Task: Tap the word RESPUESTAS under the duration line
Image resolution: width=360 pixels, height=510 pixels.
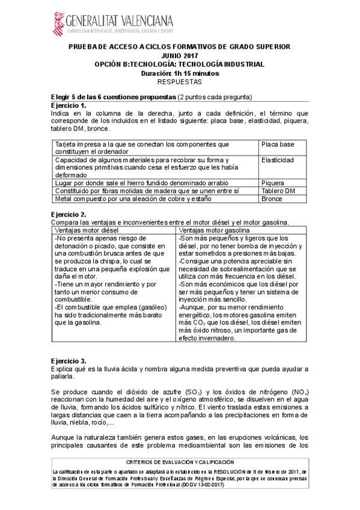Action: (x=179, y=81)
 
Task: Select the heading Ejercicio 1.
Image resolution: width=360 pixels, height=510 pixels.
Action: (x=69, y=105)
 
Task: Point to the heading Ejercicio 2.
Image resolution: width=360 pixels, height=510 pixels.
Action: (x=69, y=215)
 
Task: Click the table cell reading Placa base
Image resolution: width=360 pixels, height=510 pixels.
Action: (x=278, y=144)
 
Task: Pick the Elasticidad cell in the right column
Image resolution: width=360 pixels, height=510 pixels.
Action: (x=278, y=161)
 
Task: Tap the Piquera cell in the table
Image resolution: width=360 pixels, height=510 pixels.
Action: (x=273, y=182)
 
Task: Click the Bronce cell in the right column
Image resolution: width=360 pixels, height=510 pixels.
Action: (x=272, y=198)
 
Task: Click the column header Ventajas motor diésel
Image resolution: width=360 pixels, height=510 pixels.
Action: (x=87, y=230)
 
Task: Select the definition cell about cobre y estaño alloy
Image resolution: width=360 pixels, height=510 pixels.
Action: (x=132, y=198)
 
